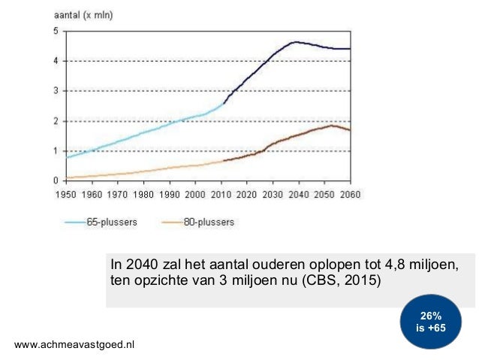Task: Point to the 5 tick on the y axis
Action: pyautogui.click(x=56, y=31)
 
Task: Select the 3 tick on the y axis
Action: pyautogui.click(x=56, y=91)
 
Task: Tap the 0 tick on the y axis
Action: pyautogui.click(x=56, y=181)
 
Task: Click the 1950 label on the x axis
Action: pyautogui.click(x=67, y=194)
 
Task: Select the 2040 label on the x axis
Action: pyautogui.click(x=298, y=194)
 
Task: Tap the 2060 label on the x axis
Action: pyautogui.click(x=350, y=194)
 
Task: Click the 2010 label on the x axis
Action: pyautogui.click(x=221, y=194)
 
